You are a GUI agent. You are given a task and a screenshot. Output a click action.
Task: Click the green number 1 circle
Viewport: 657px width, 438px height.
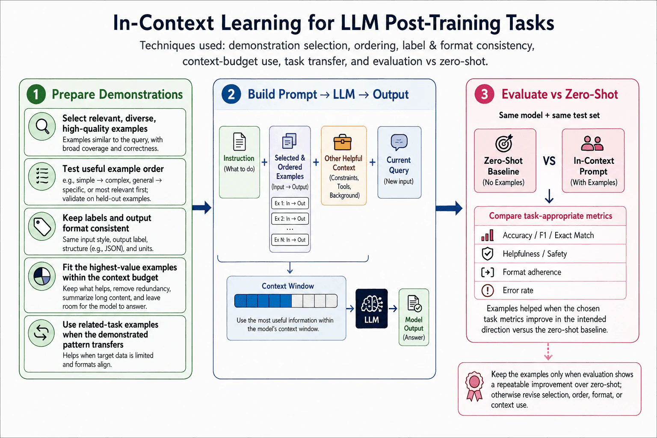36,94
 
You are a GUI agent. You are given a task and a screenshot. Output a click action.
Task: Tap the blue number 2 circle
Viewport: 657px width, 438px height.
231,94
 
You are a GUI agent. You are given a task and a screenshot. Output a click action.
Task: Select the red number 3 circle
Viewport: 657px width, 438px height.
484,94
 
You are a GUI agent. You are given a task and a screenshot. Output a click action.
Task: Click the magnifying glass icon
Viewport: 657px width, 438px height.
42,127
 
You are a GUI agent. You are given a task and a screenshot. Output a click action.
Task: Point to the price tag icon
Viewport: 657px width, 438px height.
42,226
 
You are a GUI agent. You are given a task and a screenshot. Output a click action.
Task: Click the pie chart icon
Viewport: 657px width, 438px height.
42,276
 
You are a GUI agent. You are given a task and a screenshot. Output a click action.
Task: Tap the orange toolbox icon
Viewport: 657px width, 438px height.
343,142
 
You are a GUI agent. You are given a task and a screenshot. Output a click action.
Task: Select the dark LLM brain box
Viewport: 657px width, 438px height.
371,309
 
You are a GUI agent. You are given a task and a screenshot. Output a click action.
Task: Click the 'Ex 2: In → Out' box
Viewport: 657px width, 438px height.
290,219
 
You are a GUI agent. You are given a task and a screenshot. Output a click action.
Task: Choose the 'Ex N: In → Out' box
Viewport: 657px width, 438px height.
290,240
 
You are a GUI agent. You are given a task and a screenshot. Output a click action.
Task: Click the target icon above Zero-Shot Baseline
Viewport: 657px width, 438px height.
503,143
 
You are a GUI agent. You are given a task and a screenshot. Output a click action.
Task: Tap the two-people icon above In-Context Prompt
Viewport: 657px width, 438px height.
592,143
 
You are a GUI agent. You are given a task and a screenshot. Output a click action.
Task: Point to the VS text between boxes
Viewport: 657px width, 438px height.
549,161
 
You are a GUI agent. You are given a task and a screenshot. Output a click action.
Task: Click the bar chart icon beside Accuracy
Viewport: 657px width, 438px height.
488,235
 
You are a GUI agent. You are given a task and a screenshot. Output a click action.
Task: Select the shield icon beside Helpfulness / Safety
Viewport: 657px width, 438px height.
488,254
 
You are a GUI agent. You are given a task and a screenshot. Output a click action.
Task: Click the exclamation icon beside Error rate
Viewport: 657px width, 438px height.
488,290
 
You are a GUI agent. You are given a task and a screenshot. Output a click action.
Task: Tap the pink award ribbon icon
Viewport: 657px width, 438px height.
474,386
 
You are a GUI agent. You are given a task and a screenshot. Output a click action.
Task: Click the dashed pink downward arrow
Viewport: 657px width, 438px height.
548,352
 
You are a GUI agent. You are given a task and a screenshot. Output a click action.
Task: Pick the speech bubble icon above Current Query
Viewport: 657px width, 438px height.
399,142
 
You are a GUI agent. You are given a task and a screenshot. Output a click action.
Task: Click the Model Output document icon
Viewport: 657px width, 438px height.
414,304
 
